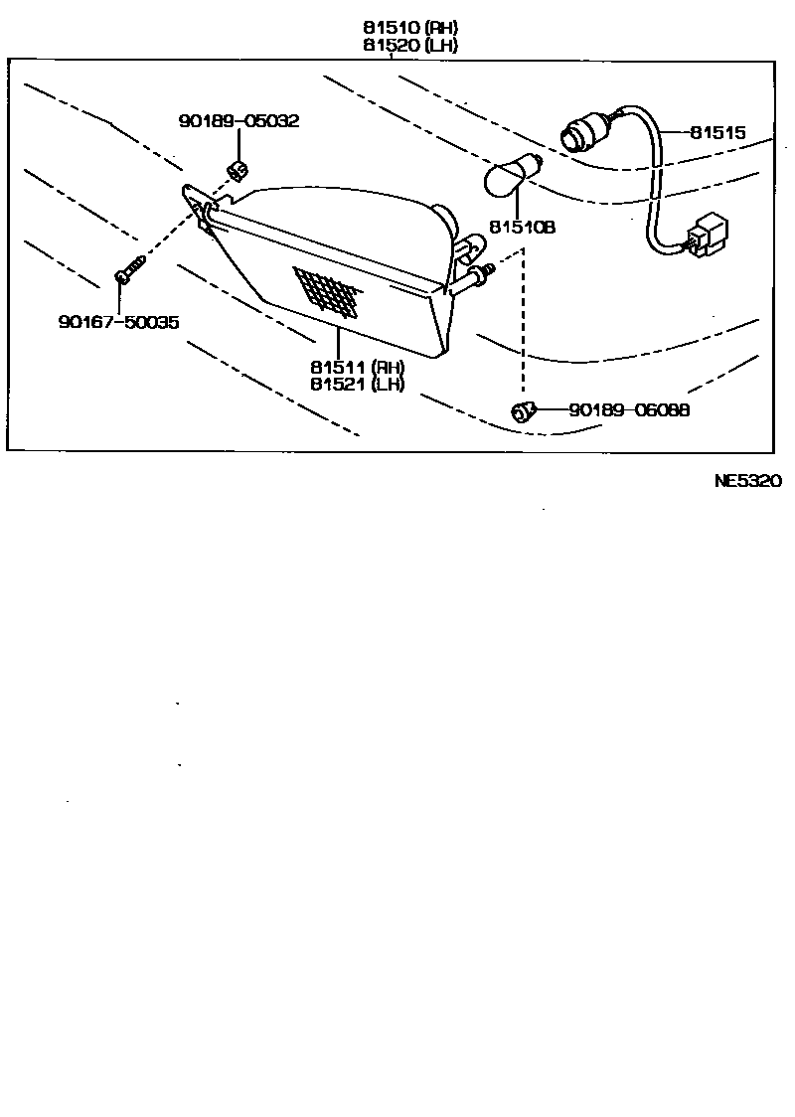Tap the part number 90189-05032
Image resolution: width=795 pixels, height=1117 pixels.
pyautogui.click(x=238, y=121)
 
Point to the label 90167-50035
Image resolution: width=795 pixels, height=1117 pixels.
pyautogui.click(x=118, y=322)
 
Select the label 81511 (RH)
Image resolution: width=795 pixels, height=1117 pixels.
pyautogui.click(x=357, y=367)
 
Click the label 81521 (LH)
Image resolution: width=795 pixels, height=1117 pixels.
pyautogui.click(x=357, y=385)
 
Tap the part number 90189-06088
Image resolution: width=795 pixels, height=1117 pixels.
pyautogui.click(x=629, y=409)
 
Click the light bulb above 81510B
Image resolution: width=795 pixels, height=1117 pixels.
pyautogui.click(x=511, y=177)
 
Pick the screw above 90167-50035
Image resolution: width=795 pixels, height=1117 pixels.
pyautogui.click(x=129, y=269)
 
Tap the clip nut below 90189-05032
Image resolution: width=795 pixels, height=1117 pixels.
pyautogui.click(x=238, y=170)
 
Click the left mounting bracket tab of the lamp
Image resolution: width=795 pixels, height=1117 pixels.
pyautogui.click(x=199, y=205)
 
